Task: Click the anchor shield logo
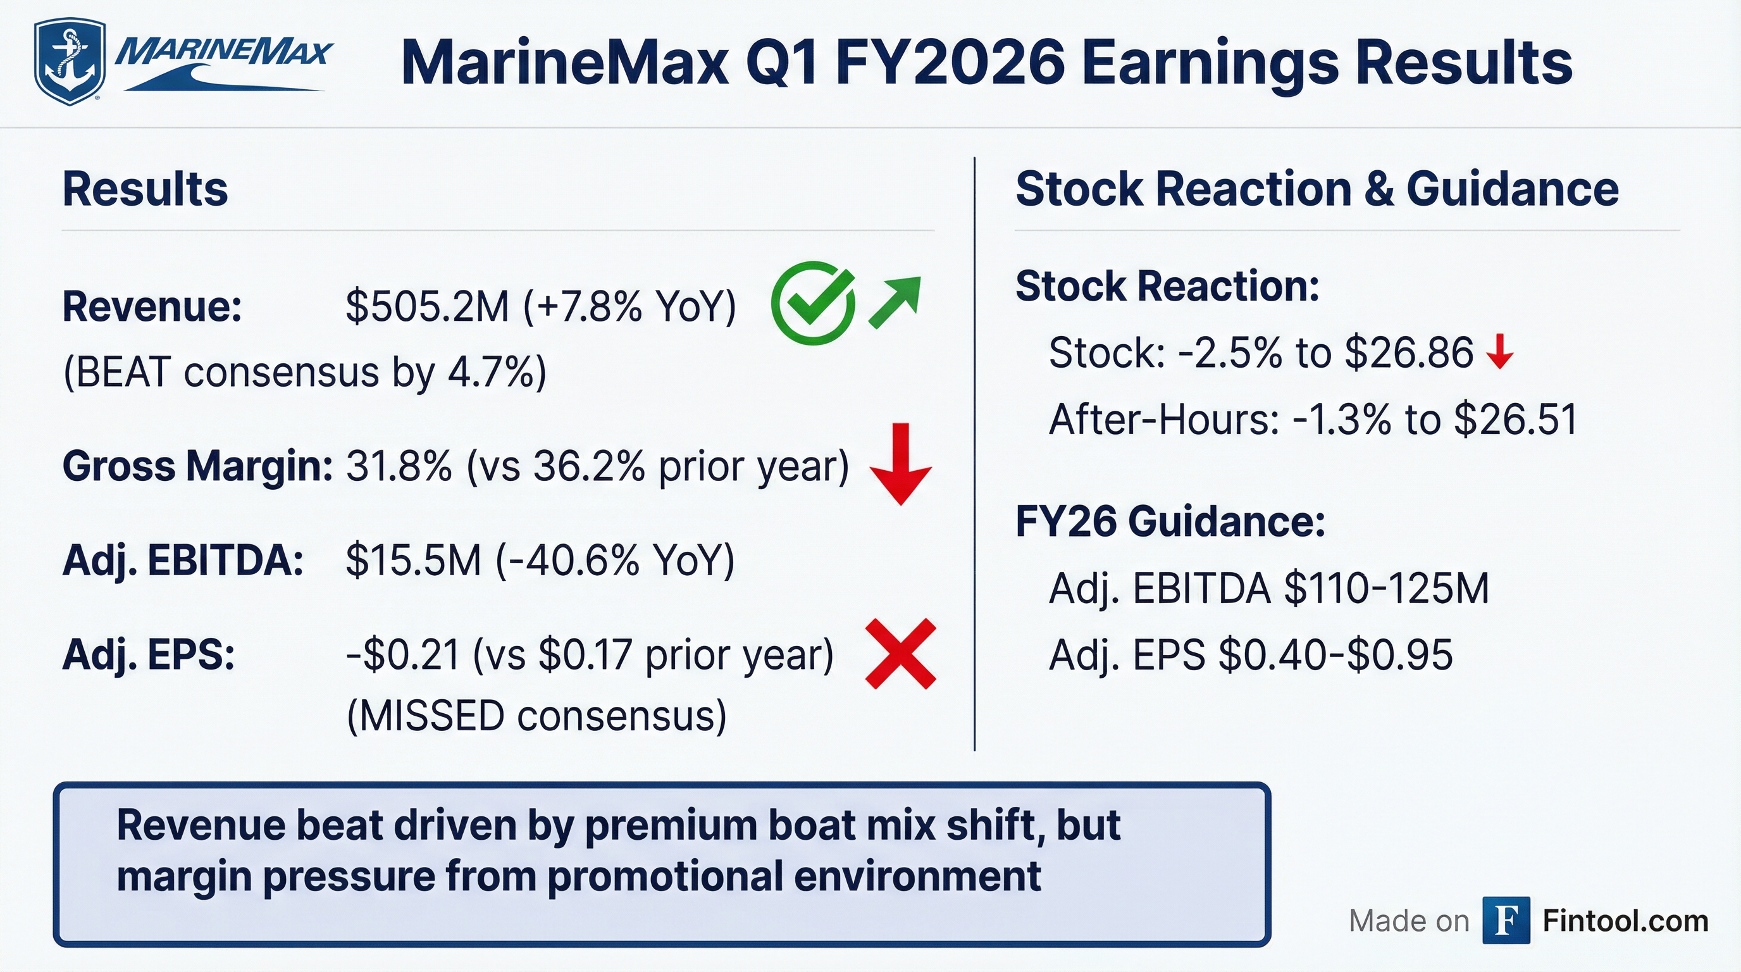click(x=70, y=61)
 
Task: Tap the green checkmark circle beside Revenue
click(x=813, y=304)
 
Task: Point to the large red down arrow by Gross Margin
click(x=900, y=464)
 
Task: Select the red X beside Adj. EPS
click(x=901, y=654)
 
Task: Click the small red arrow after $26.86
click(x=1500, y=351)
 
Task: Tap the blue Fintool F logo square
click(x=1506, y=920)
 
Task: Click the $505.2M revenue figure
click(x=427, y=306)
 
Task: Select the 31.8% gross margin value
click(x=399, y=466)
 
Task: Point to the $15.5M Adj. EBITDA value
click(x=414, y=560)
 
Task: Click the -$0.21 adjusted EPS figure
click(x=403, y=654)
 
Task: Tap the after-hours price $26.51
click(x=1515, y=419)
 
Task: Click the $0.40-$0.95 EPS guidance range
click(x=1335, y=654)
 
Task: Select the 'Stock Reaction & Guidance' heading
click(x=1317, y=189)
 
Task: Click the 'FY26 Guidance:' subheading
click(x=1170, y=522)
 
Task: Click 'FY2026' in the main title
click(x=950, y=63)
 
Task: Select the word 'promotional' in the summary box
click(x=664, y=876)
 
